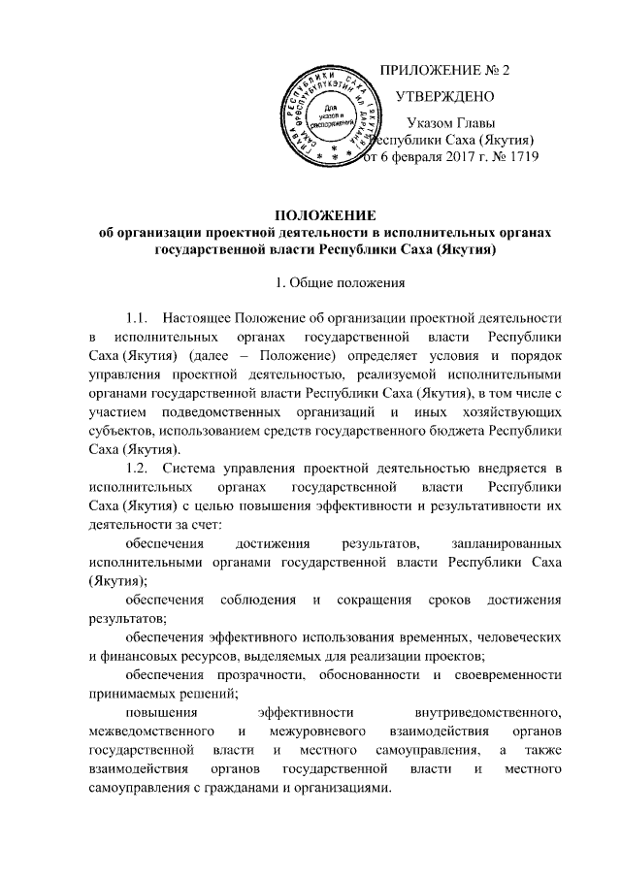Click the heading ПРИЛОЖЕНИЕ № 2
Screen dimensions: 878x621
pyautogui.click(x=447, y=71)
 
